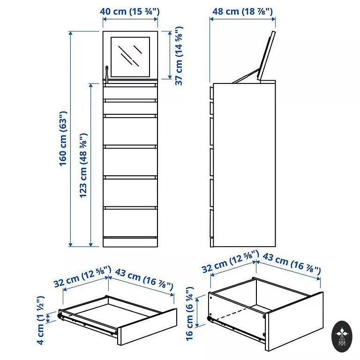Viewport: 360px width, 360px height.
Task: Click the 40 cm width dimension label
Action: point(130,11)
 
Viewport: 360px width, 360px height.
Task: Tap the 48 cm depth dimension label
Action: point(242,11)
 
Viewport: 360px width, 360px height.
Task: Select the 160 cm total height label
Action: point(63,138)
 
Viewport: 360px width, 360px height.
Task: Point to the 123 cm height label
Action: point(83,165)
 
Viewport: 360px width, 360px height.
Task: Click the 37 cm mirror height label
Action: point(179,56)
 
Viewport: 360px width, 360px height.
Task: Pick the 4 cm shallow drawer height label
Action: point(40,320)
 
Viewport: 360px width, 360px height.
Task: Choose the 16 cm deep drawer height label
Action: point(190,314)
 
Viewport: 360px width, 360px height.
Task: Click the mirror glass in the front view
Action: point(130,57)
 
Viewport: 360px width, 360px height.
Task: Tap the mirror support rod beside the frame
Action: point(106,74)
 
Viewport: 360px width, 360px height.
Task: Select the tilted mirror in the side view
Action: point(266,56)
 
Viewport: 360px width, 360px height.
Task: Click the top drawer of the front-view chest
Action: point(130,93)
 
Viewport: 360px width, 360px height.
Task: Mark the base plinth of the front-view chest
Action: point(130,242)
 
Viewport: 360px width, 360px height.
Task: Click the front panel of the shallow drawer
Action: point(147,327)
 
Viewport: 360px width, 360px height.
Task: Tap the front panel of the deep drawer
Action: point(294,321)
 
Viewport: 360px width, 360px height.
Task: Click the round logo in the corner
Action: point(342,337)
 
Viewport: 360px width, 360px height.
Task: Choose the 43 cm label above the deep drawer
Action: point(292,263)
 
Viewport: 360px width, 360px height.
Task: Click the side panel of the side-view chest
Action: point(245,165)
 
